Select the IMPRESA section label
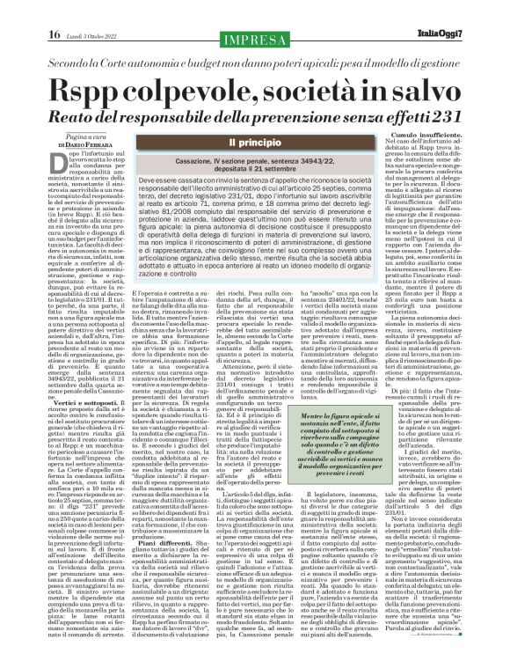pos(254,12)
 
